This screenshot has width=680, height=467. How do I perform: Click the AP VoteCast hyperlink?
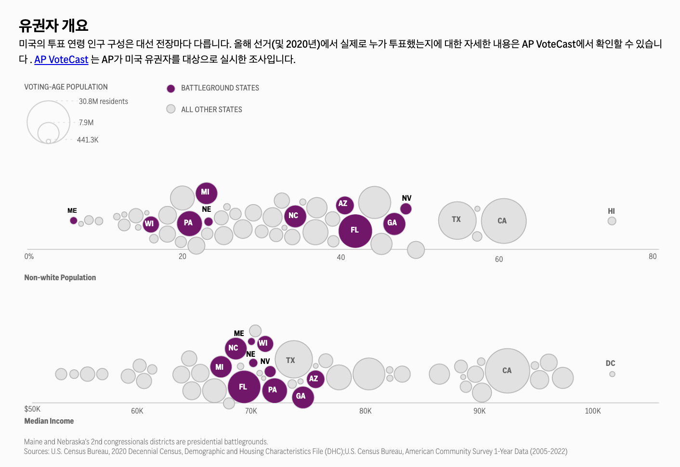point(61,60)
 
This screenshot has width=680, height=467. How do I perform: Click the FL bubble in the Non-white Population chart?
point(355,231)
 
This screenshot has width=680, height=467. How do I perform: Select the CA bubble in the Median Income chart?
point(507,371)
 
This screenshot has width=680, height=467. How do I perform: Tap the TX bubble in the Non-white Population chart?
point(457,220)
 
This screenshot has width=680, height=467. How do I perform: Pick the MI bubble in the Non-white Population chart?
point(206,193)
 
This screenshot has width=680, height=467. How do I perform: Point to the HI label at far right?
point(611,211)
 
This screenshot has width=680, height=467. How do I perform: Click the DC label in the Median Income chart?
point(610,363)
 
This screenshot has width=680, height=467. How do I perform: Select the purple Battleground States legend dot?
point(170,89)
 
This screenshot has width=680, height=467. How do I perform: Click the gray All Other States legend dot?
point(170,109)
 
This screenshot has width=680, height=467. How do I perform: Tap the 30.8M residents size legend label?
point(103,102)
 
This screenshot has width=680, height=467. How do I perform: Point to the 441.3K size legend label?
point(88,140)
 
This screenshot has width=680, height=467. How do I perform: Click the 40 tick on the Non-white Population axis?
point(340,258)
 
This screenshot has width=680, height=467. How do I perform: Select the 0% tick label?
point(29,257)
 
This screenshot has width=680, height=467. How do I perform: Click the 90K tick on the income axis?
point(479,411)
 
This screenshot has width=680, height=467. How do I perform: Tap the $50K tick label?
point(32,409)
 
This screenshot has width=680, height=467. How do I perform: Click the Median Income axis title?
point(49,421)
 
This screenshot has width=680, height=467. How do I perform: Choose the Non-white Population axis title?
point(60,278)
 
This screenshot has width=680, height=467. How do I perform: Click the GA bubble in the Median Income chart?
point(302,397)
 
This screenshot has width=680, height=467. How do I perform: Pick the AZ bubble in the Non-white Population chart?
point(344,205)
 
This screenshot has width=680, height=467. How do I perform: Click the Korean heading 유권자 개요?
point(53,25)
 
